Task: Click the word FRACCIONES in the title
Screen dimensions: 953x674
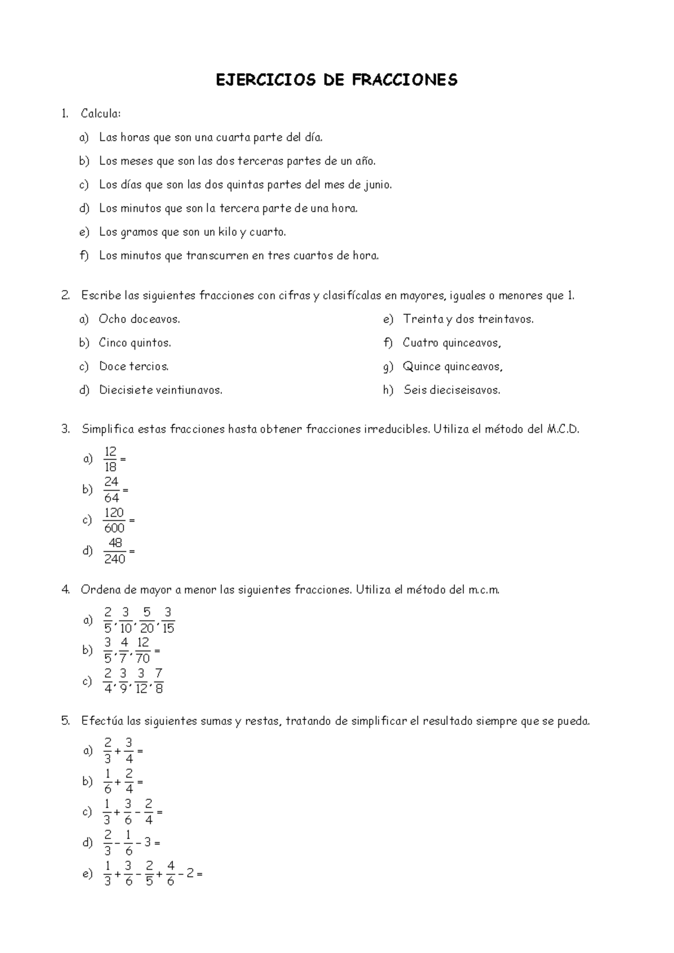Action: pos(404,80)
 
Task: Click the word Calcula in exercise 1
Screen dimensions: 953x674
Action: pos(100,114)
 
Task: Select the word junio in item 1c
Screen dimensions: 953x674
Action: pos(377,185)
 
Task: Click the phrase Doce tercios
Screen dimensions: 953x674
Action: pos(134,366)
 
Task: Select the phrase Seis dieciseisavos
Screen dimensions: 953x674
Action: pos(452,390)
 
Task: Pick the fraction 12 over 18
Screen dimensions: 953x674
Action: pos(110,459)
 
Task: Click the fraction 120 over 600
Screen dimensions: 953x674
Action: pos(114,520)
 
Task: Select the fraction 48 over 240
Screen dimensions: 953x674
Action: pos(115,551)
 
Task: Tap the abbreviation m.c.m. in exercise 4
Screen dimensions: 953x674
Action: pos(483,590)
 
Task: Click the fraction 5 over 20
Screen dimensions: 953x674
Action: pos(147,620)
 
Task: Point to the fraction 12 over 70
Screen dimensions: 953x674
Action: pos(143,650)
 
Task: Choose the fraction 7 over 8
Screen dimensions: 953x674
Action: pos(158,681)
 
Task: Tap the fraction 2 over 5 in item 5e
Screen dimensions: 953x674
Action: pos(149,874)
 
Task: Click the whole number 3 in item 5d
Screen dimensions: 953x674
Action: pos(147,843)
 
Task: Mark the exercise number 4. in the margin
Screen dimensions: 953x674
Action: pos(66,590)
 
